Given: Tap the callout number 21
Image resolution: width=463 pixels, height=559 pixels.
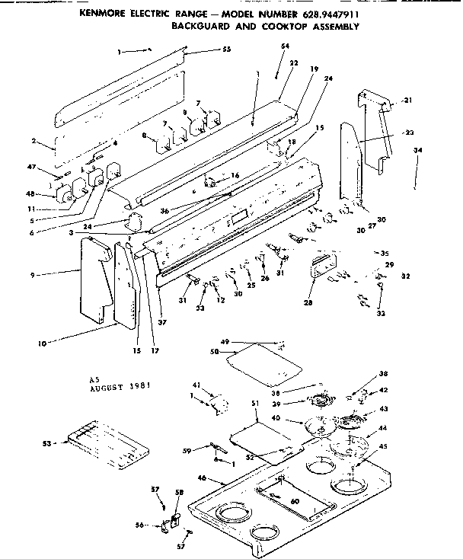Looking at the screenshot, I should pos(407,101).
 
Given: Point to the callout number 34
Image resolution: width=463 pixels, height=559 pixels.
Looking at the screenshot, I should pos(417,151).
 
